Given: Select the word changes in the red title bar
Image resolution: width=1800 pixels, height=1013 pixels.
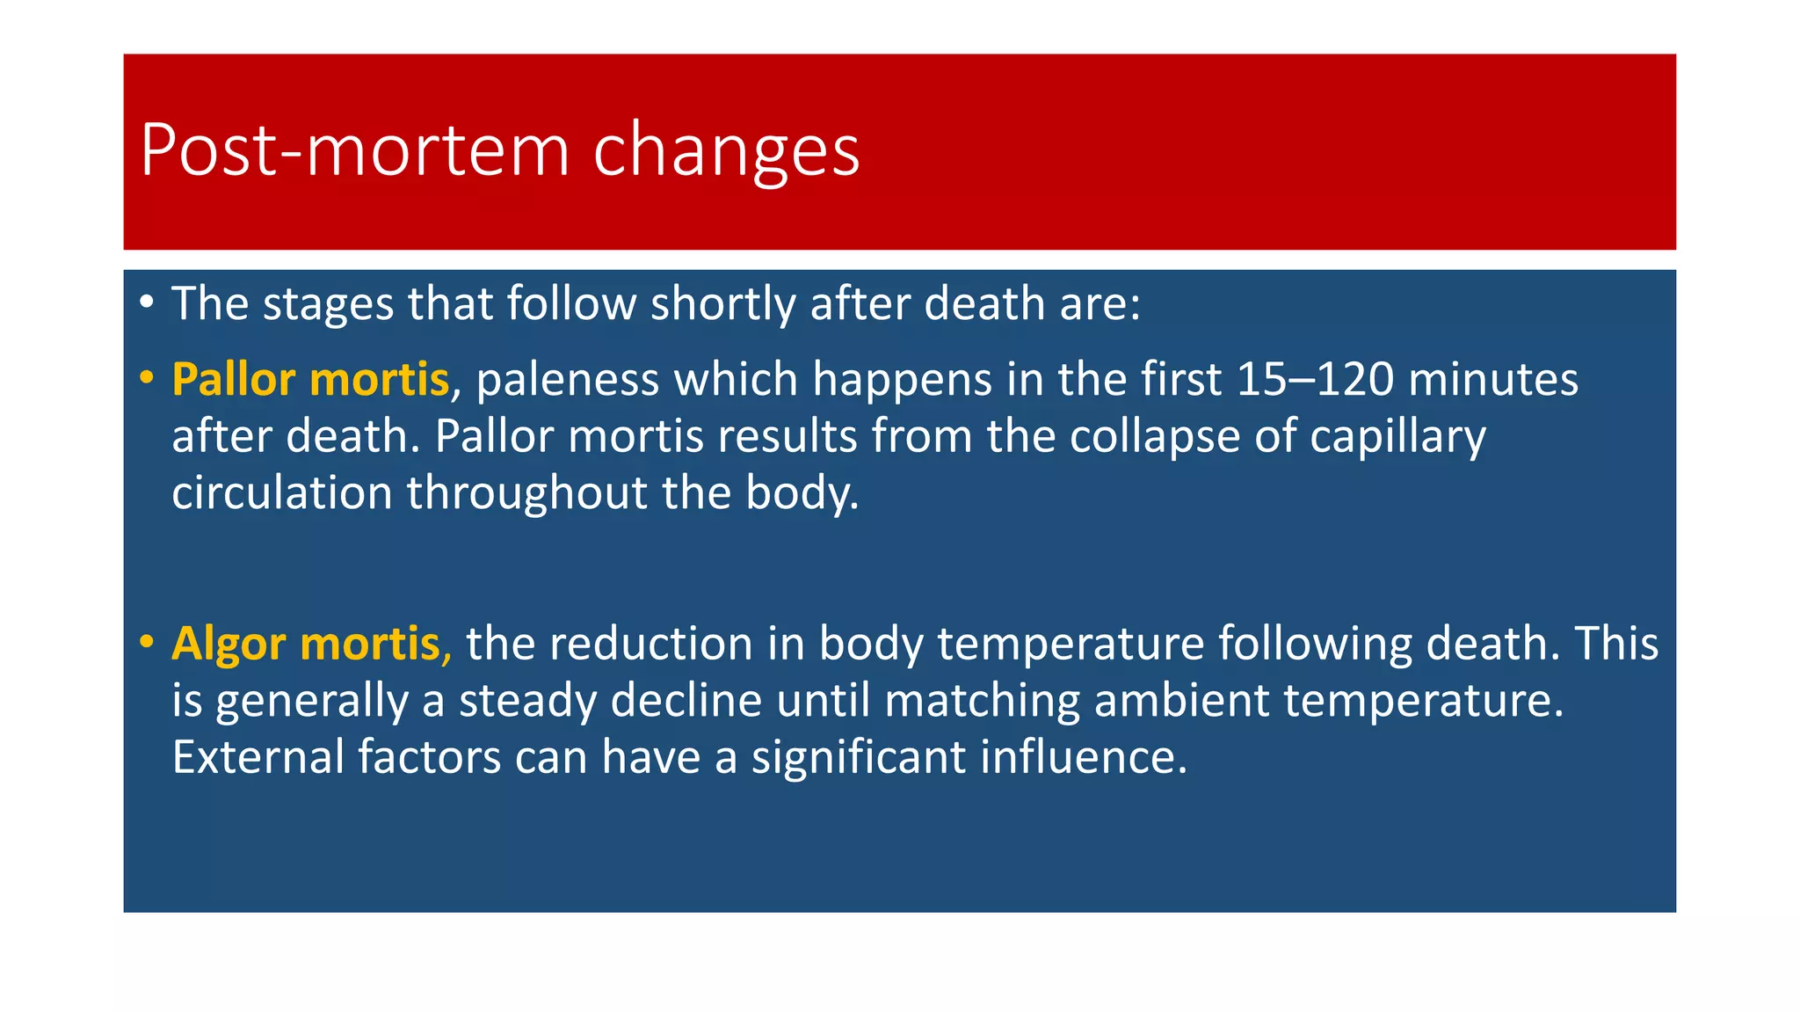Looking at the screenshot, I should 726,150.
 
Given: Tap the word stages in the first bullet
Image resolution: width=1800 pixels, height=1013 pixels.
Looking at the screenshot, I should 328,304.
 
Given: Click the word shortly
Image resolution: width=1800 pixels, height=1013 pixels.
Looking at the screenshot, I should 722,304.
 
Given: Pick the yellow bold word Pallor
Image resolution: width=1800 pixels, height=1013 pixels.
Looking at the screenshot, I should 233,380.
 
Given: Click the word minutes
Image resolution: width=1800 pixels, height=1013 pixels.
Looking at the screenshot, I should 1493,380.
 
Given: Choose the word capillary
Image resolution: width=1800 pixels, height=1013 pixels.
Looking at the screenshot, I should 1397,437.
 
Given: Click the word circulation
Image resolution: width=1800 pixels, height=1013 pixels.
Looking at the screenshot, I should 281,493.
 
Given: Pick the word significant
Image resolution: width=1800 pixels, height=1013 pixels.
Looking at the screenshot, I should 859,757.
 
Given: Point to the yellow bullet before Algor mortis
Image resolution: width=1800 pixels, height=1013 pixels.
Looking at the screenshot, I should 147,642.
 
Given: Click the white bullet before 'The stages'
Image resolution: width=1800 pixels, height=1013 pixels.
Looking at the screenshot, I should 147,302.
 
